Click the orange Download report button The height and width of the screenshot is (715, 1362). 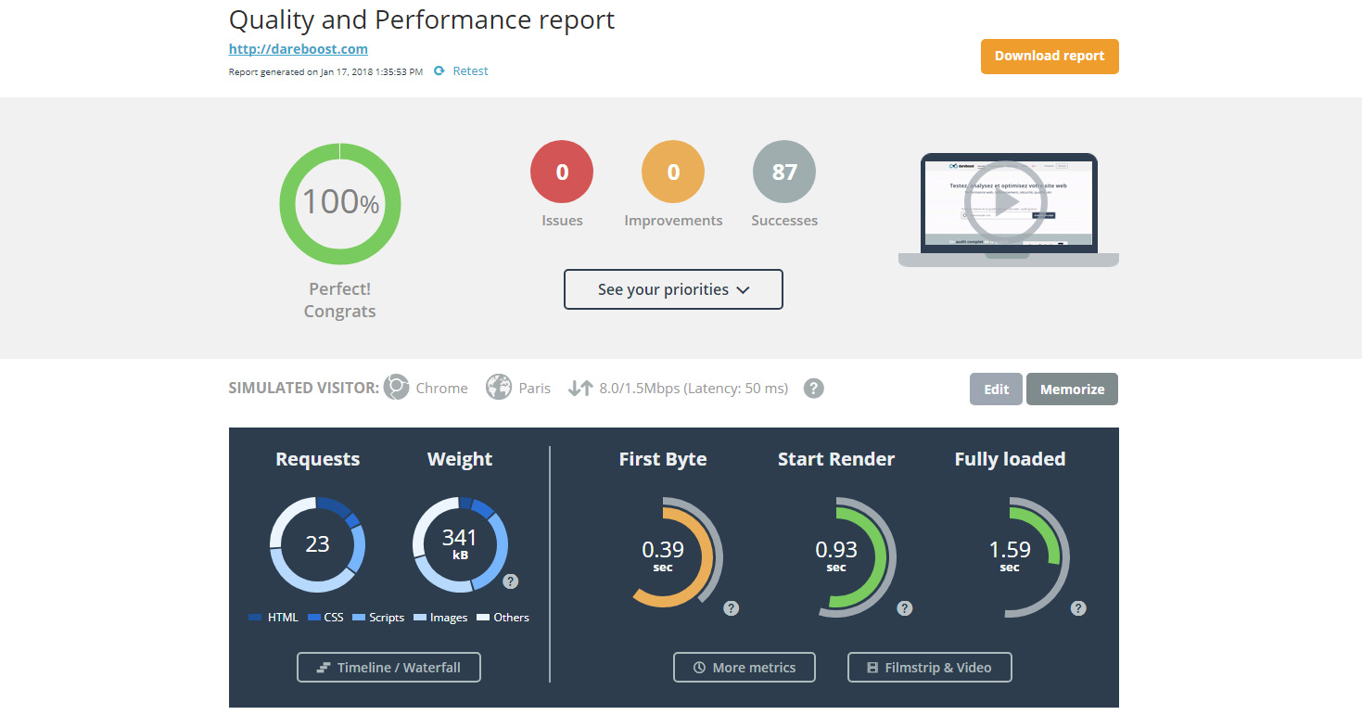pyautogui.click(x=1050, y=56)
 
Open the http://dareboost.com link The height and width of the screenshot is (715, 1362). pyautogui.click(x=299, y=49)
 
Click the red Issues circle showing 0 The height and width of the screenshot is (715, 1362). pyautogui.click(x=562, y=172)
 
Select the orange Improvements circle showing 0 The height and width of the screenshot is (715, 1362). pyautogui.click(x=673, y=172)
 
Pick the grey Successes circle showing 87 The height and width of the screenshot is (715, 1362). pyautogui.click(x=784, y=172)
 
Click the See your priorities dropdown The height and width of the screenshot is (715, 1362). pyautogui.click(x=673, y=289)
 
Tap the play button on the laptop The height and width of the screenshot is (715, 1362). pyautogui.click(x=1006, y=202)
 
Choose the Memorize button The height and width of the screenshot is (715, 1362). pyautogui.click(x=1072, y=389)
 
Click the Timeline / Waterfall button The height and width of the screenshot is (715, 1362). pyautogui.click(x=388, y=668)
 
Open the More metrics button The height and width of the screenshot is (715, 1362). pyautogui.click(x=745, y=668)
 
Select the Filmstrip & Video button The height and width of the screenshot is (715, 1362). pyautogui.click(x=929, y=668)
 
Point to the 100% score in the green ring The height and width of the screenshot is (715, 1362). pyautogui.click(x=340, y=201)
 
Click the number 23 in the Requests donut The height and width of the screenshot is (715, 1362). pyautogui.click(x=317, y=543)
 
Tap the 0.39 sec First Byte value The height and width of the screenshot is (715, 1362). pyautogui.click(x=662, y=554)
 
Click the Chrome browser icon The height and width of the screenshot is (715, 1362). pyautogui.click(x=397, y=388)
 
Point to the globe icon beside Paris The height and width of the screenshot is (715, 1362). pyautogui.click(x=499, y=388)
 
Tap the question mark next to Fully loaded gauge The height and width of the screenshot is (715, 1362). pyautogui.click(x=1078, y=608)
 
